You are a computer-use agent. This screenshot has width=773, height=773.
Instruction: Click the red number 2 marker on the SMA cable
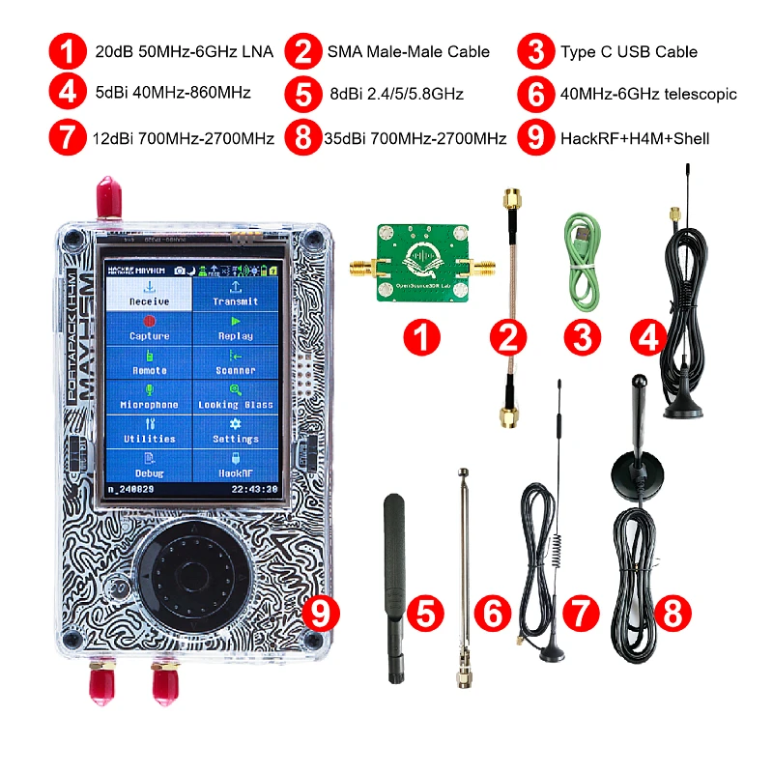(x=507, y=338)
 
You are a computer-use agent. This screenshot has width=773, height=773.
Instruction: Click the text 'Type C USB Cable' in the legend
(x=628, y=51)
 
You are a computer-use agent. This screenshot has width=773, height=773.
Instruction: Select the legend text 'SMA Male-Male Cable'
(x=409, y=51)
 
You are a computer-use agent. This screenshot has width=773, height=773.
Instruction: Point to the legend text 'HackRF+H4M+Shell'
(x=635, y=138)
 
